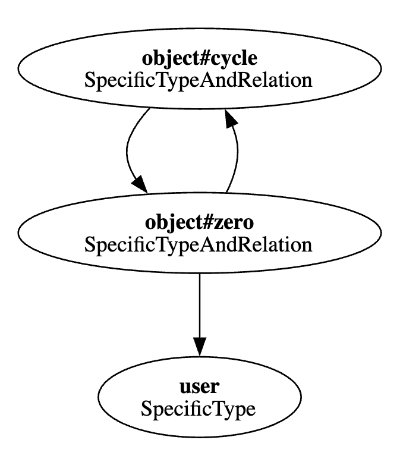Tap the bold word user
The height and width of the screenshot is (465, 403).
(199, 387)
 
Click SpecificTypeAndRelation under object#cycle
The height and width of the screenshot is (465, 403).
(199, 80)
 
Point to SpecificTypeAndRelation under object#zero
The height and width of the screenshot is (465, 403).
(199, 244)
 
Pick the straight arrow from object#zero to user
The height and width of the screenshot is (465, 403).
(199, 309)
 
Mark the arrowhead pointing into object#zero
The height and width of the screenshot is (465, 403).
(140, 183)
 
